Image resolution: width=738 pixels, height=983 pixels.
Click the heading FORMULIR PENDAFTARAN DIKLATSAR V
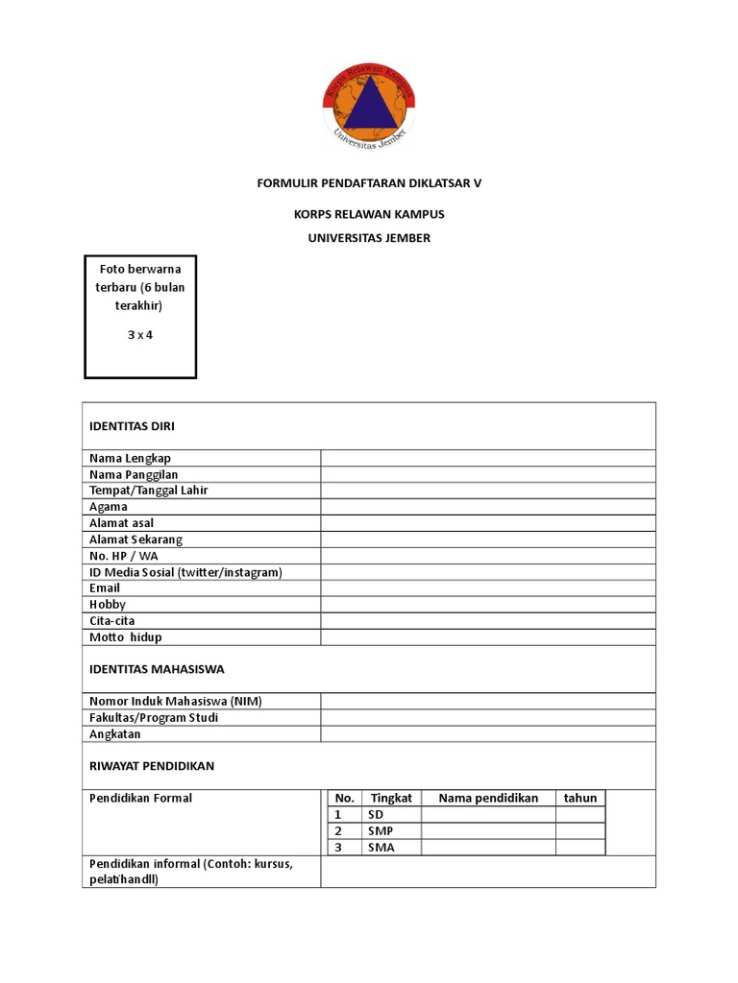pyautogui.click(x=369, y=182)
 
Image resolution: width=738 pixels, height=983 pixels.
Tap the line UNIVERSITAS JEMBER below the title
pyautogui.click(x=369, y=238)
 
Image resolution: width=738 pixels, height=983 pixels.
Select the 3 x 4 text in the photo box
pyautogui.click(x=140, y=335)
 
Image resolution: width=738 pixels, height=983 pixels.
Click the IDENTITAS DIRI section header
pyautogui.click(x=132, y=425)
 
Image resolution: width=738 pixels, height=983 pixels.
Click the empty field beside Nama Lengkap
pyautogui.click(x=488, y=458)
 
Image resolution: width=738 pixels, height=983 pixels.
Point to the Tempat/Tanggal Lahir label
pyautogui.click(x=149, y=491)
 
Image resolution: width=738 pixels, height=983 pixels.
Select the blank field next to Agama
pyautogui.click(x=488, y=507)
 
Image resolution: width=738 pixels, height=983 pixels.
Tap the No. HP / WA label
pyautogui.click(x=124, y=556)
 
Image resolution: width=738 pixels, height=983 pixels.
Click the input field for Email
pyautogui.click(x=488, y=588)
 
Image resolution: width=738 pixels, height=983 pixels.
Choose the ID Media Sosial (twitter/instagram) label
pyautogui.click(x=185, y=572)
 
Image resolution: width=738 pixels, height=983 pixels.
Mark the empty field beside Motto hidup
pyautogui.click(x=488, y=637)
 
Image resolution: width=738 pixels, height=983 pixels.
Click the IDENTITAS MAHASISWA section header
pyautogui.click(x=157, y=669)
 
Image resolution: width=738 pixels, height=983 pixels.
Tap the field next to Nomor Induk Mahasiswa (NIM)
pyautogui.click(x=488, y=702)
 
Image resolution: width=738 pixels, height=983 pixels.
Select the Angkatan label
pyautogui.click(x=115, y=734)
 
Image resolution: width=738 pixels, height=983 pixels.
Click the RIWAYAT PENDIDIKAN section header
pyautogui.click(x=152, y=766)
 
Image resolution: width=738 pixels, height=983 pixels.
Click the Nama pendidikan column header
pyautogui.click(x=488, y=798)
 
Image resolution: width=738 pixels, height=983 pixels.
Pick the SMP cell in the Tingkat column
pyautogui.click(x=381, y=830)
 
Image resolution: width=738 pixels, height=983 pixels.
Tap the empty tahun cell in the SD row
pyautogui.click(x=580, y=814)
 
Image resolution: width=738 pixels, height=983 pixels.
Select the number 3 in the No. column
pyautogui.click(x=338, y=847)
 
